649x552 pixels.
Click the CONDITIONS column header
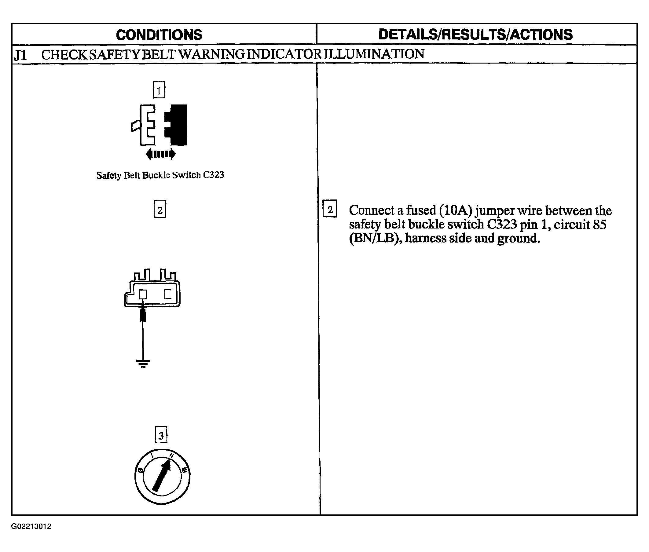[159, 35]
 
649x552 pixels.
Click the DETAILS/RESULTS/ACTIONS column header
[475, 35]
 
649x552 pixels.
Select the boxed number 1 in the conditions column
[159, 90]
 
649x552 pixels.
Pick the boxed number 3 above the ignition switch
[161, 435]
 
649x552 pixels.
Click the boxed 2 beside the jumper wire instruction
[330, 209]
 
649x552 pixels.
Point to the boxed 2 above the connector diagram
[160, 209]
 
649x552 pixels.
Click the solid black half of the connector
[176, 125]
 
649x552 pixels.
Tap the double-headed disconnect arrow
[161, 154]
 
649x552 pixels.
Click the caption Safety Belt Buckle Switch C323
[160, 175]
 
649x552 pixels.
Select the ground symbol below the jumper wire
[143, 363]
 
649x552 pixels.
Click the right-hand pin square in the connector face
[168, 294]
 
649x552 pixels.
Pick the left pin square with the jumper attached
[143, 294]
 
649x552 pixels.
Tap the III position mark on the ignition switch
[185, 470]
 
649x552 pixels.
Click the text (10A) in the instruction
[455, 210]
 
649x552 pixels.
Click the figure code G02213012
[31, 526]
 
